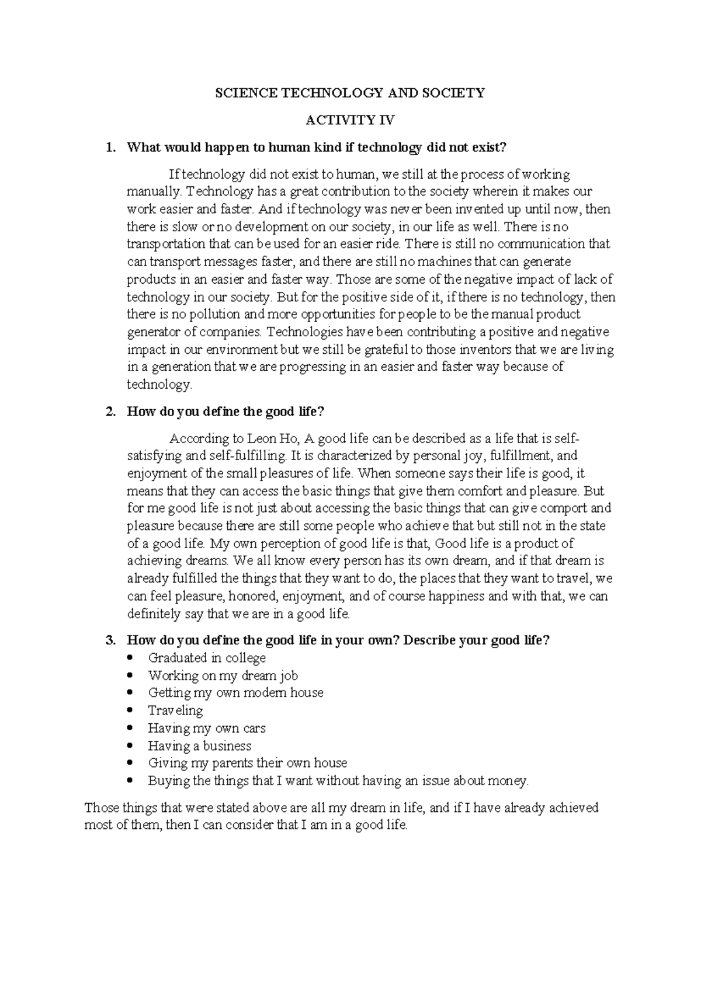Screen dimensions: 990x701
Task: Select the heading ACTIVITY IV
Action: pyautogui.click(x=350, y=120)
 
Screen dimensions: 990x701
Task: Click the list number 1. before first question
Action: pyautogui.click(x=110, y=148)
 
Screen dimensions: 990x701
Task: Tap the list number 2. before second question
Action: pyautogui.click(x=110, y=412)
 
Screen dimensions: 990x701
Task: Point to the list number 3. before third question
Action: pyautogui.click(x=110, y=640)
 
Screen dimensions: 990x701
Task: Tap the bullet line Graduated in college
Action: pyautogui.click(x=207, y=658)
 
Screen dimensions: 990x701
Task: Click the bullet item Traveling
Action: pyautogui.click(x=175, y=710)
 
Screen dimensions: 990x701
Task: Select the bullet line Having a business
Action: pyautogui.click(x=199, y=745)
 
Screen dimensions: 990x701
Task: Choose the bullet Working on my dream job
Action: pyautogui.click(x=223, y=675)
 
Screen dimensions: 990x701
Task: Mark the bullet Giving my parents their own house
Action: pyautogui.click(x=247, y=763)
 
